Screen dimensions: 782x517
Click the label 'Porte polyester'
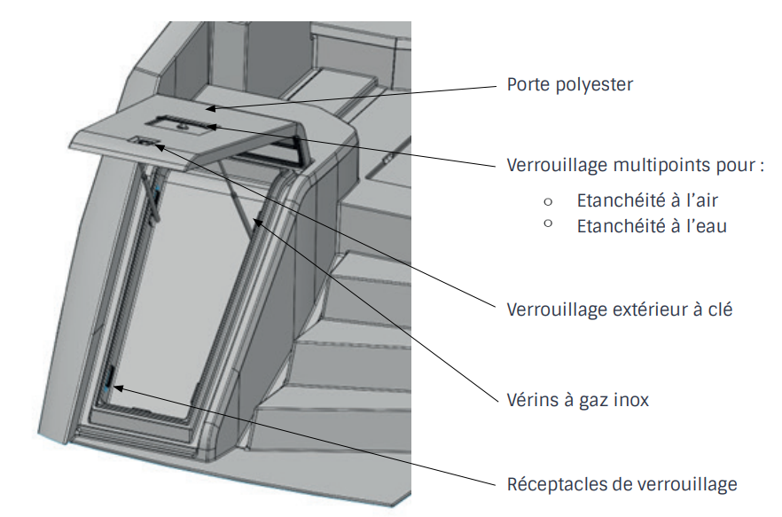pos(569,85)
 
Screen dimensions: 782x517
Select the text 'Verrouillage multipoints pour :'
pos(636,165)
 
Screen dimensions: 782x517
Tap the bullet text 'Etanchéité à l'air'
pos(647,200)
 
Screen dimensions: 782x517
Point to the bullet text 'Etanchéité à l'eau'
pos(652,226)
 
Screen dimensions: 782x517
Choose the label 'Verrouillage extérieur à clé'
pos(620,309)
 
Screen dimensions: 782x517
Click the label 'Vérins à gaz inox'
pos(577,400)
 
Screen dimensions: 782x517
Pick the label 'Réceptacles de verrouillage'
pos(622,484)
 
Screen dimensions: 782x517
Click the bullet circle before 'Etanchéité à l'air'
pos(548,201)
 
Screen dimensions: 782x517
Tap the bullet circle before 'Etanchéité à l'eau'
pos(548,223)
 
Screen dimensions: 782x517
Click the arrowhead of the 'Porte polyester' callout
pos(211,108)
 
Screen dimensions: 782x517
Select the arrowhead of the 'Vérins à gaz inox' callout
pos(258,222)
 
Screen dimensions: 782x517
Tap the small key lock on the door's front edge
pos(145,142)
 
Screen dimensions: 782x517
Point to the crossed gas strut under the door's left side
pos(150,197)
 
